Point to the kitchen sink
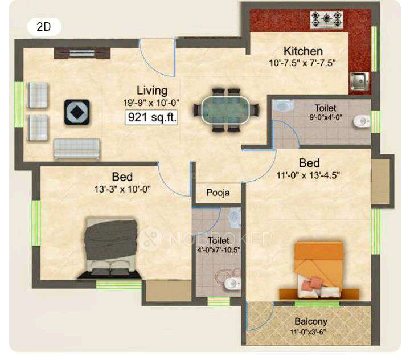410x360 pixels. (x=359, y=81)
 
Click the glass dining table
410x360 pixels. (x=220, y=109)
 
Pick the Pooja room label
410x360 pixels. (x=218, y=193)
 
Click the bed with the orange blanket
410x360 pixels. (x=319, y=270)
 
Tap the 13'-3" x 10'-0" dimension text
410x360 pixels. (x=123, y=190)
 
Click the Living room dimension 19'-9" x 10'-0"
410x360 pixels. (x=151, y=103)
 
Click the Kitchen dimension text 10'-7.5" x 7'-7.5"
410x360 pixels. (x=302, y=63)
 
